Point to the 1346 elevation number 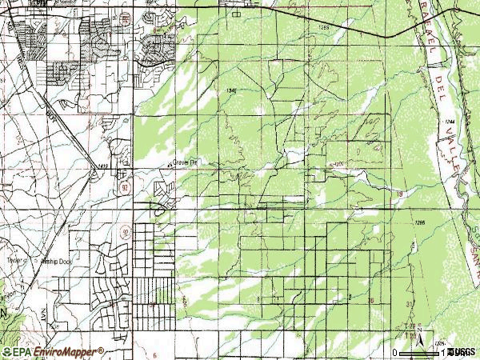point(232,91)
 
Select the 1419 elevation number point(102,166)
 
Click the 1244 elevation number point(450,121)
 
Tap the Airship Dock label point(61,260)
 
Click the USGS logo point(462,351)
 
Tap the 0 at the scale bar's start point(395,352)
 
